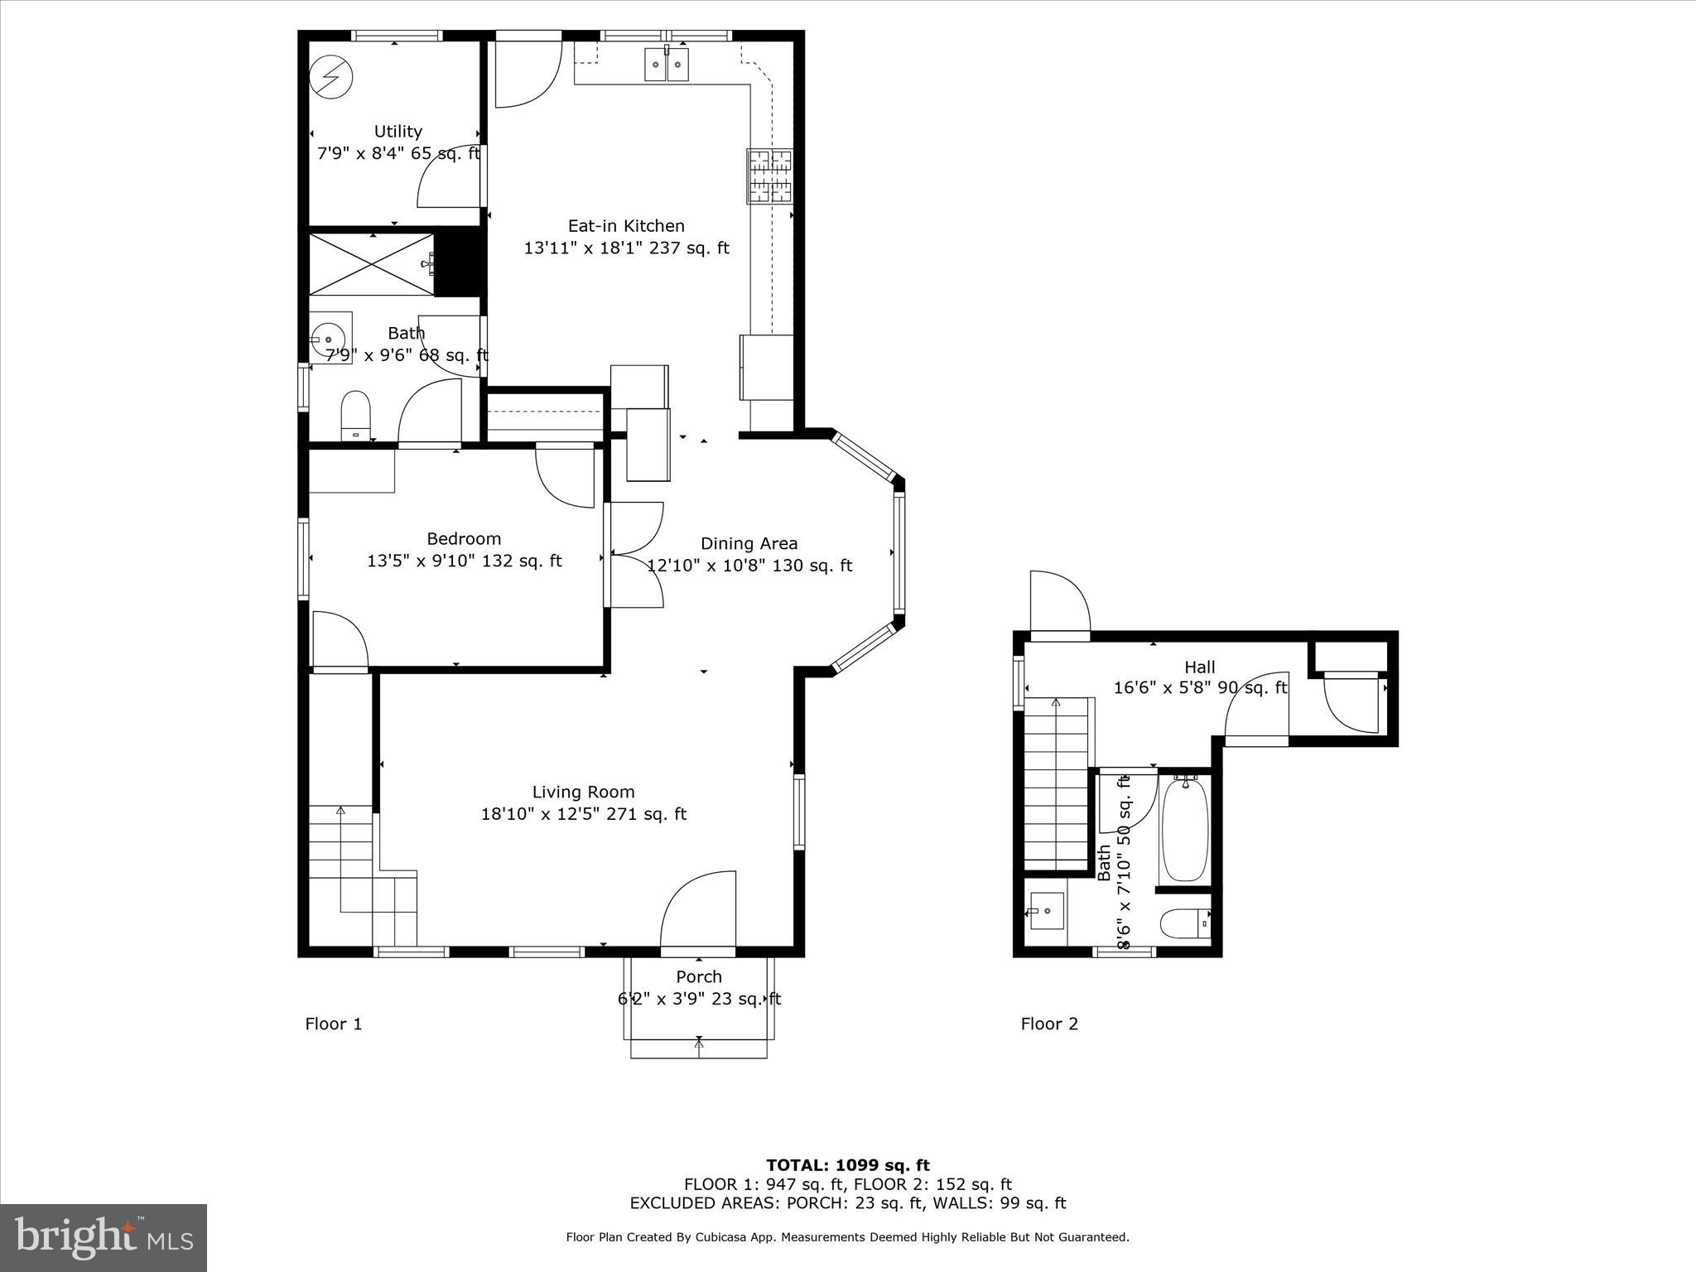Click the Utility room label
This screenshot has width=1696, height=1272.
pyautogui.click(x=397, y=132)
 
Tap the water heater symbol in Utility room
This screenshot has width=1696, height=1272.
pyautogui.click(x=330, y=78)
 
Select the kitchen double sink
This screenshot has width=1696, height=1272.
pyautogui.click(x=667, y=65)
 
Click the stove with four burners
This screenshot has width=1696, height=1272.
pyautogui.click(x=769, y=176)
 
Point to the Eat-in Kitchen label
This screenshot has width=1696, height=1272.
pyautogui.click(x=626, y=225)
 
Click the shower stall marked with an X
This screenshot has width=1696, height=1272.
pyautogui.click(x=371, y=264)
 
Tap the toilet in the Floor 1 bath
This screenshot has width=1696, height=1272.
pyautogui.click(x=355, y=414)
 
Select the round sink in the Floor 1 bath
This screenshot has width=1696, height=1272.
pyautogui.click(x=329, y=339)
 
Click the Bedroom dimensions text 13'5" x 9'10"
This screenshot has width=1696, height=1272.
pyautogui.click(x=464, y=561)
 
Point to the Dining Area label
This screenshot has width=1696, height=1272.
pyautogui.click(x=749, y=543)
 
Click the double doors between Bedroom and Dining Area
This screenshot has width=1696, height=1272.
pyautogui.click(x=636, y=555)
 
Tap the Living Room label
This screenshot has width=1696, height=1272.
pyautogui.click(x=583, y=792)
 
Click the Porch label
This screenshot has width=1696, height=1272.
pyautogui.click(x=699, y=976)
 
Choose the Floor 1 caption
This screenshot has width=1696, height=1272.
pyautogui.click(x=334, y=1024)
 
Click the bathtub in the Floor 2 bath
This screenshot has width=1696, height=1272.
pyautogui.click(x=1184, y=830)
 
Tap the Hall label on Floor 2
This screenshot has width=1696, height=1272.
pyautogui.click(x=1199, y=667)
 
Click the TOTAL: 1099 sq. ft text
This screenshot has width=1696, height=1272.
pyautogui.click(x=847, y=1165)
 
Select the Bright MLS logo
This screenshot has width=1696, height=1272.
pyautogui.click(x=104, y=1237)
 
